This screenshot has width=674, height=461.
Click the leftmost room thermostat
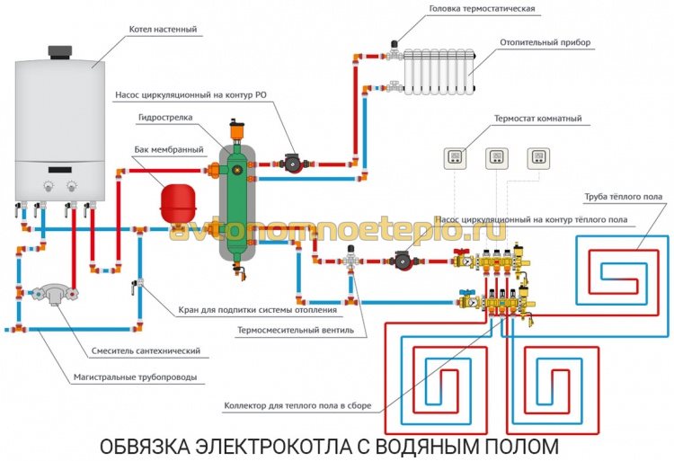pos(454,157)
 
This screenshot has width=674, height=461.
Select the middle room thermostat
pos(496,157)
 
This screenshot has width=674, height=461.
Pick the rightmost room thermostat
pos(538,157)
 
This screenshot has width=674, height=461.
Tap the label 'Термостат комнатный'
pos(537,119)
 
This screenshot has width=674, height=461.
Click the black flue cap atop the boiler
pos(60,48)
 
